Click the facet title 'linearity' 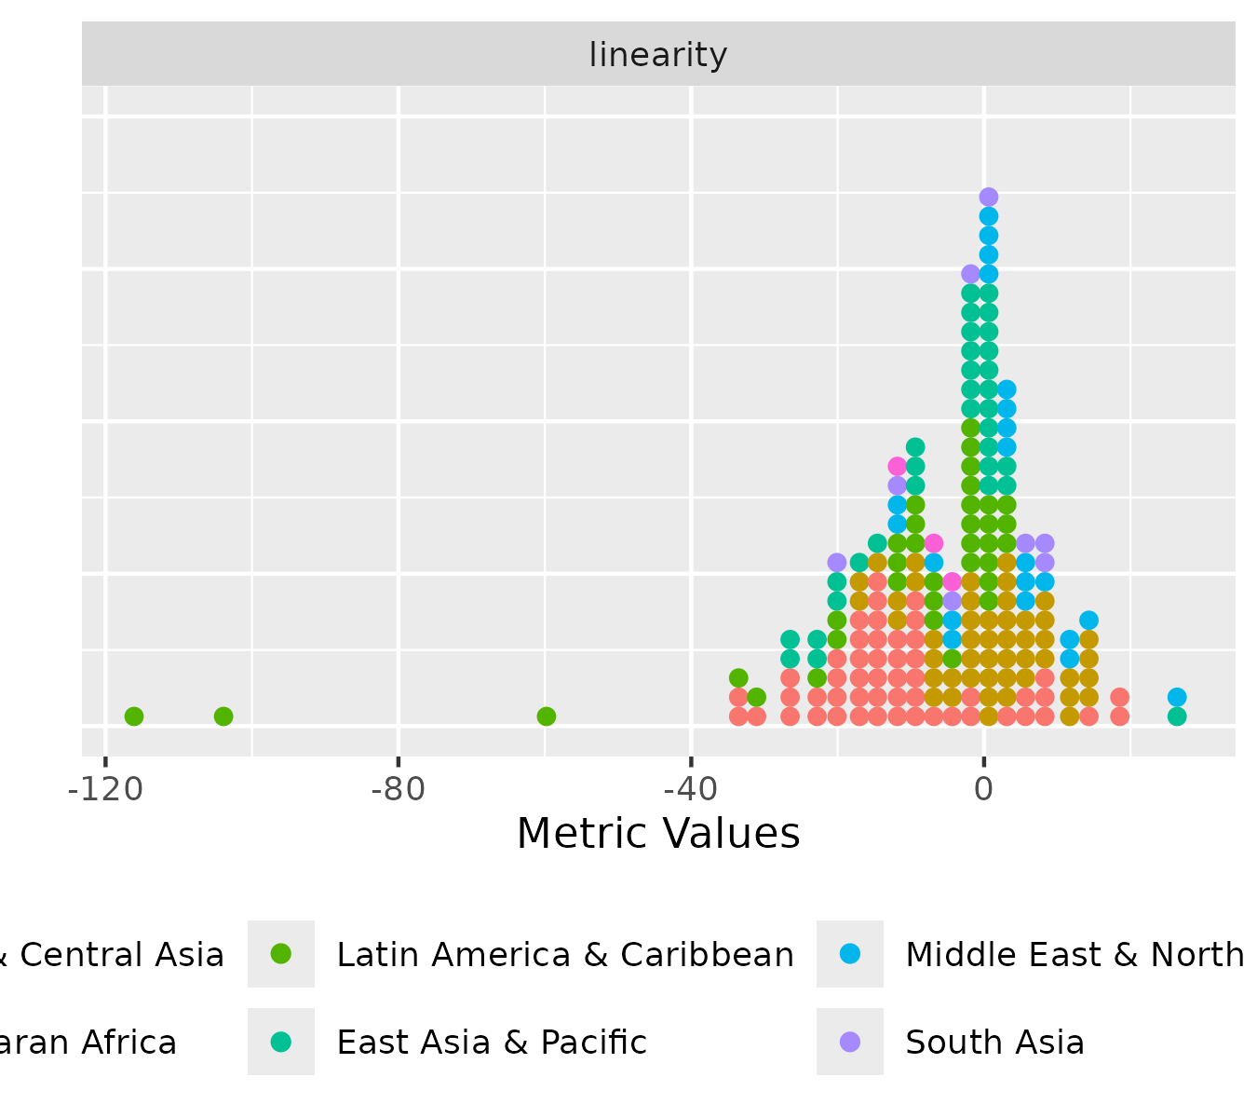tap(658, 56)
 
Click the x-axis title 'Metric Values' tap(658, 834)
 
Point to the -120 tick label tap(105, 788)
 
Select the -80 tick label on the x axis tap(398, 788)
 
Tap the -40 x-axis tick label tap(691, 788)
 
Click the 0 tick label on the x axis tap(984, 788)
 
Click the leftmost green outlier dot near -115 tap(134, 716)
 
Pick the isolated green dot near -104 tap(223, 716)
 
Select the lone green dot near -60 tap(547, 716)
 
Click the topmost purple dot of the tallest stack tap(989, 197)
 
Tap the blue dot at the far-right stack tap(1177, 697)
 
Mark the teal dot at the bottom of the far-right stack tap(1177, 716)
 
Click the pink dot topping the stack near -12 tap(898, 466)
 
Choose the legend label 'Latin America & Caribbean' tap(565, 955)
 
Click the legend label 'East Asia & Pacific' tap(492, 1043)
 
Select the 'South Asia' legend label tap(994, 1043)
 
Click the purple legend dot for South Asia tap(850, 1042)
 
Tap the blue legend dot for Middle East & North tap(850, 954)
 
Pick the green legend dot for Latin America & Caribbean tap(281, 954)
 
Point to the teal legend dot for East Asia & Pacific tap(281, 1042)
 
